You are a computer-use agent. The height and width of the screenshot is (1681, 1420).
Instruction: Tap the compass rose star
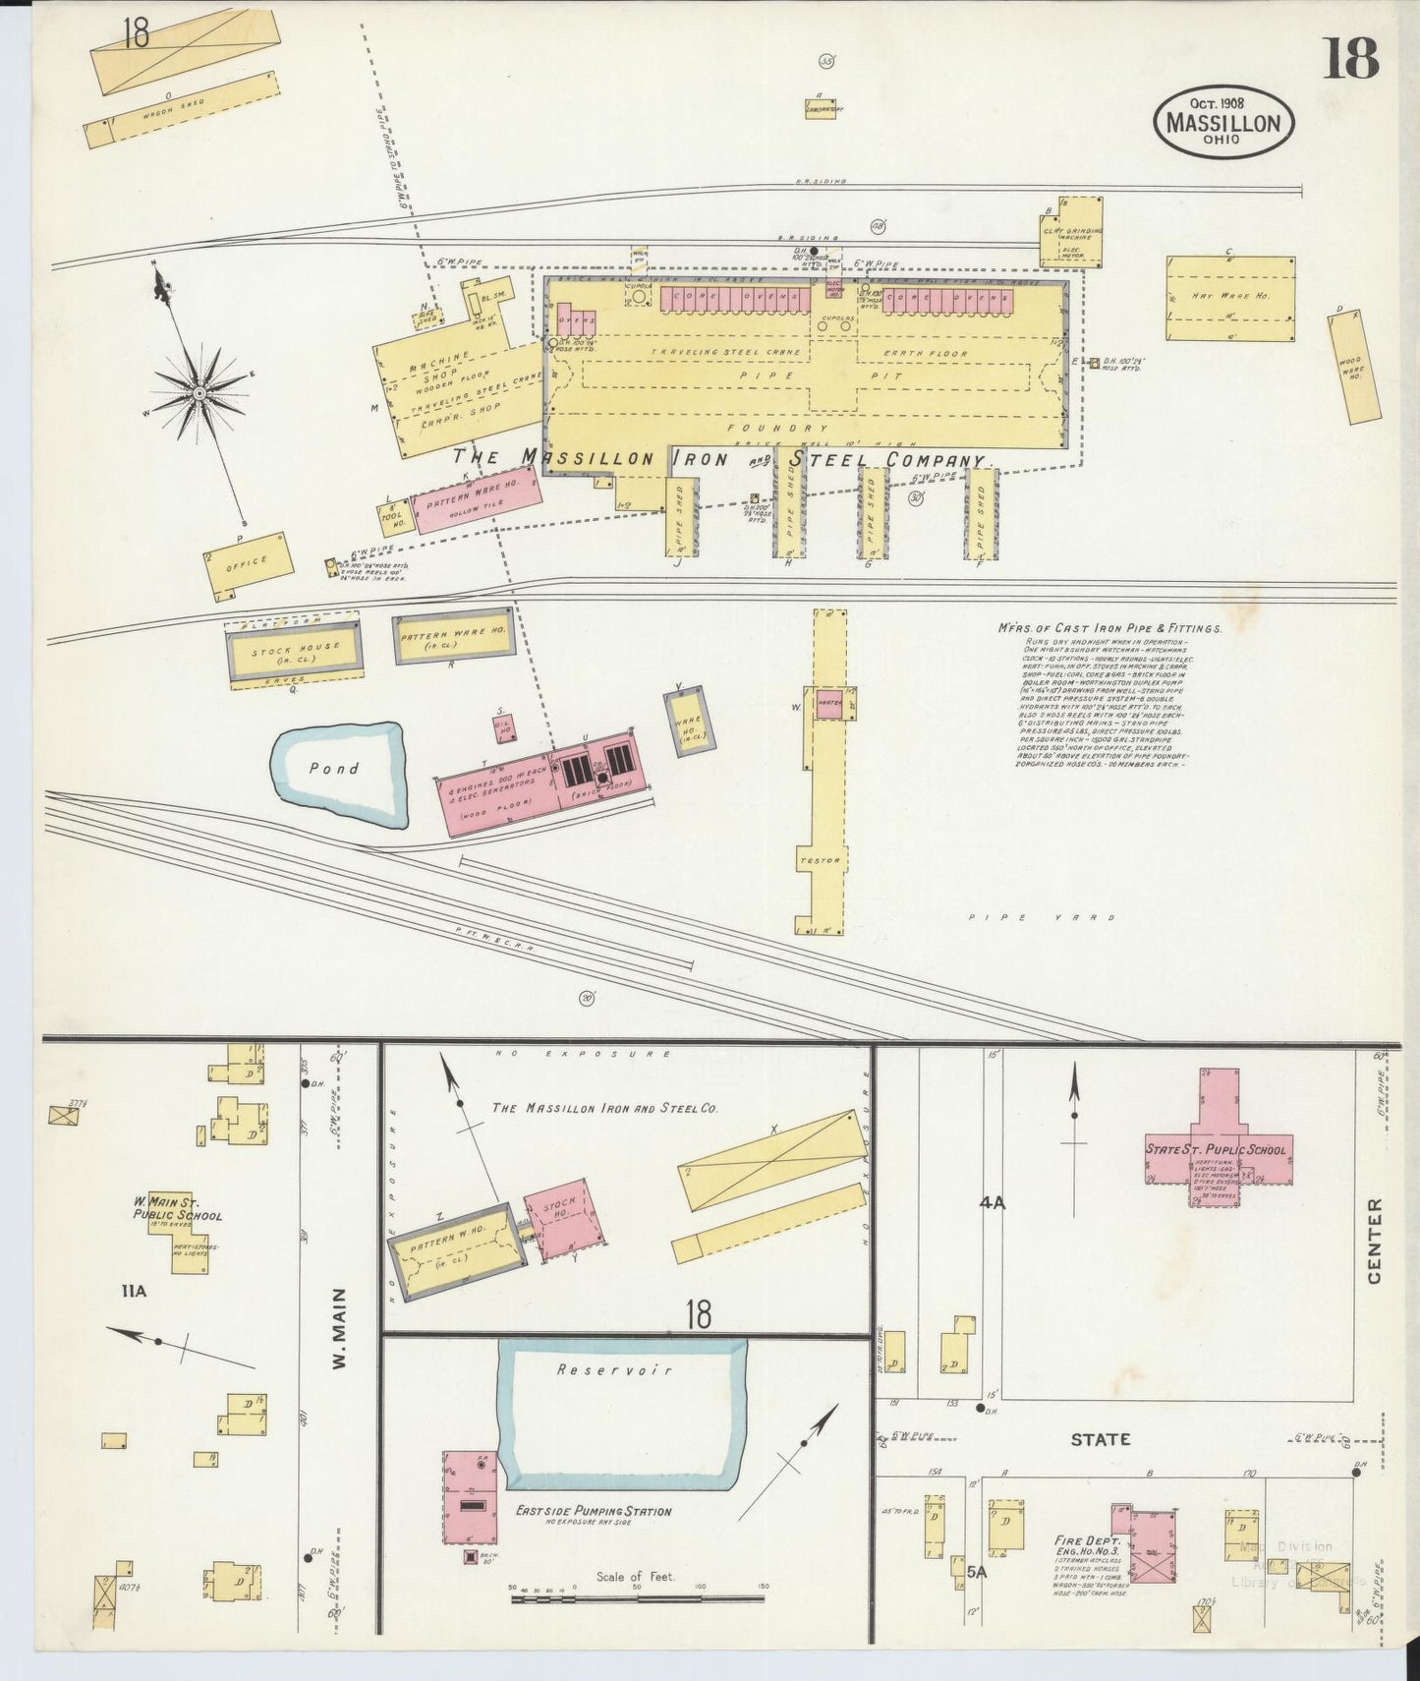(x=199, y=392)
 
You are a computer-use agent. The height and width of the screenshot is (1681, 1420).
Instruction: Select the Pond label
(x=334, y=769)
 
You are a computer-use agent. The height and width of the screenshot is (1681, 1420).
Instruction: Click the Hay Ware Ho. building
(x=1229, y=299)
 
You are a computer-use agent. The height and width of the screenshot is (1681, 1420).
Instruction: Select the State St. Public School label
(x=1215, y=1148)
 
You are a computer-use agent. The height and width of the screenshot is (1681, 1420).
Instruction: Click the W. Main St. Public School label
(x=178, y=1208)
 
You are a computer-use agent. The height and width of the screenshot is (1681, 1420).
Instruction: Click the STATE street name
(x=1100, y=1439)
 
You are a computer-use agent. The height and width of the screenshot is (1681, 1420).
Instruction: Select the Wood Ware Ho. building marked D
(x=1355, y=369)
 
